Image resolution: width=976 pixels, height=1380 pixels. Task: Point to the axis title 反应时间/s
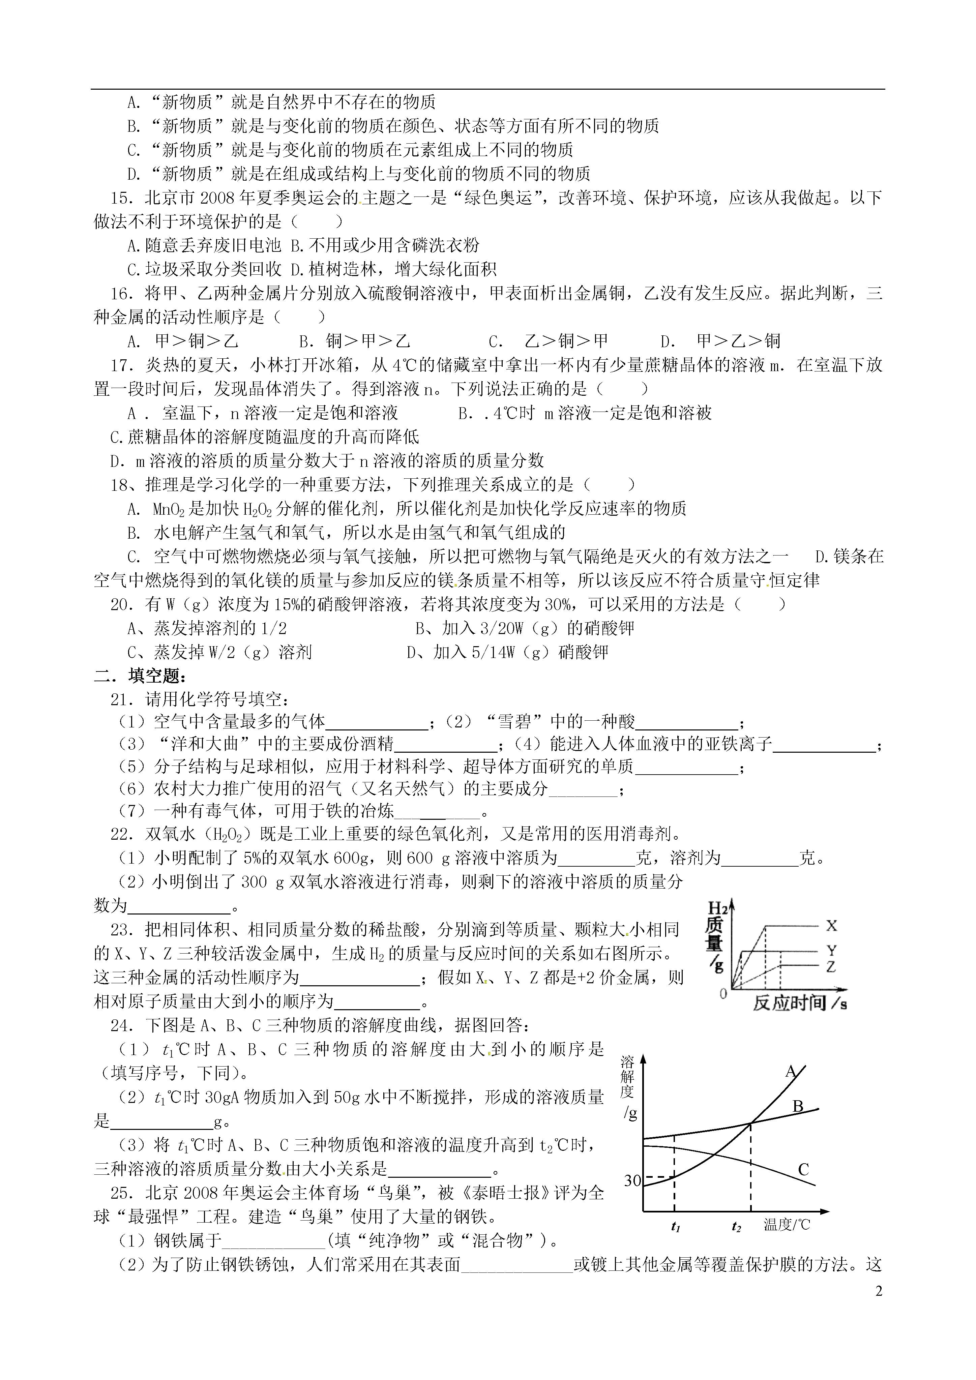tap(799, 1002)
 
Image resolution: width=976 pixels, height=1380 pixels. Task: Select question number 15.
tap(121, 198)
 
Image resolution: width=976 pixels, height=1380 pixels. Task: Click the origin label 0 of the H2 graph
tap(723, 993)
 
